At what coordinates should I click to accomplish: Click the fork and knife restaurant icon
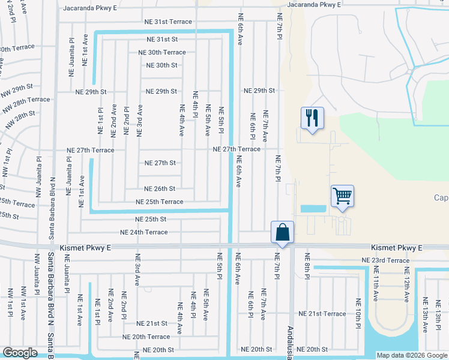pos(312,117)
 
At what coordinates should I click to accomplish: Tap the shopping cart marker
pos(342,196)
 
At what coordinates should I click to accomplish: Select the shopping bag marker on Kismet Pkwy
pos(282,232)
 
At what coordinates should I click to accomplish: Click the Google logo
pos(21,353)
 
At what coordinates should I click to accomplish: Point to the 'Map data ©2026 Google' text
pos(412,355)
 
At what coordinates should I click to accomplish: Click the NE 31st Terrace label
pos(168,22)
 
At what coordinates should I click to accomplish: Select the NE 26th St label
pos(160,188)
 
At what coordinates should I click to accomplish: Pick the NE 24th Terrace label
pos(144,232)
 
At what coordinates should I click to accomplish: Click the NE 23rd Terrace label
pos(385,260)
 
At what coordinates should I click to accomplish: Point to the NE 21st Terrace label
pos(322,314)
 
